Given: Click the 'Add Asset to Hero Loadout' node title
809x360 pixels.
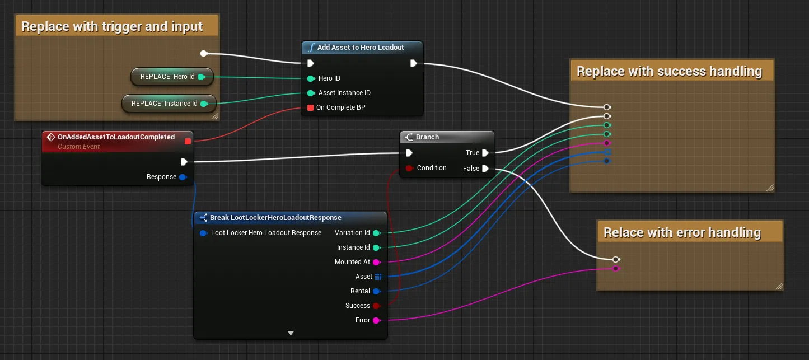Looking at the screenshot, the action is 360,47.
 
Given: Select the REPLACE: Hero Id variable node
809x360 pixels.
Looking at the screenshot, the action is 172,77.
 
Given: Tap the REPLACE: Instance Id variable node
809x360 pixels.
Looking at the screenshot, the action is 169,104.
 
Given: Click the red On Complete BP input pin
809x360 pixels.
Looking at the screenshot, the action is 310,107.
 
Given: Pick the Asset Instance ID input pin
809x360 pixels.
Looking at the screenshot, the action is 311,93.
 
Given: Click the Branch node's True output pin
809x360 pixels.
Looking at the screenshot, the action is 485,153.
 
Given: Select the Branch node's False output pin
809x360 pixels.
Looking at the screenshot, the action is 485,169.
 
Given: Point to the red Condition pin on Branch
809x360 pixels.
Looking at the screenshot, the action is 409,168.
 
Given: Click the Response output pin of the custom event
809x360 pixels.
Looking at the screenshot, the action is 183,177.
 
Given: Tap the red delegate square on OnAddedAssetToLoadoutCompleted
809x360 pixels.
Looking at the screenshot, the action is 188,141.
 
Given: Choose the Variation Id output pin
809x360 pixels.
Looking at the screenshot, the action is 376,233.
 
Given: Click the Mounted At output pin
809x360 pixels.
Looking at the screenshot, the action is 376,262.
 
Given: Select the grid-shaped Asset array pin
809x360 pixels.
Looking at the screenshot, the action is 378,277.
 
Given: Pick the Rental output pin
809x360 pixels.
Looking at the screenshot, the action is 376,291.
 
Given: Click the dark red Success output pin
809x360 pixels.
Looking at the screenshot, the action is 376,306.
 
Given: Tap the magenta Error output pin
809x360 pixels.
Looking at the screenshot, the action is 376,320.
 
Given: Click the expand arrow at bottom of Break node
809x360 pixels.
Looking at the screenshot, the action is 291,333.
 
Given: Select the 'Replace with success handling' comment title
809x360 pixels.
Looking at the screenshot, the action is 669,71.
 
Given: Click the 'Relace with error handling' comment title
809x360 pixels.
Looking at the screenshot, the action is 682,232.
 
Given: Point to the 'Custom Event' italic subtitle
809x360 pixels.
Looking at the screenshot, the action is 78,147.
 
